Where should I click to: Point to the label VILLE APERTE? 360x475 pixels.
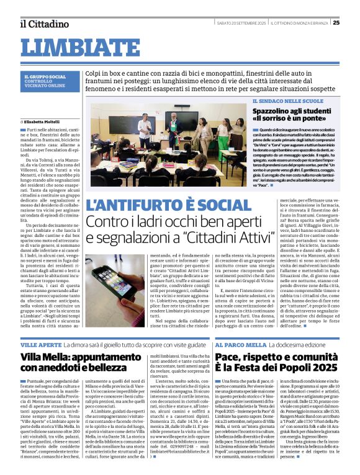pos(42,344)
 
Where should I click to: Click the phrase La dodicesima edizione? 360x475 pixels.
pos(291,344)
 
